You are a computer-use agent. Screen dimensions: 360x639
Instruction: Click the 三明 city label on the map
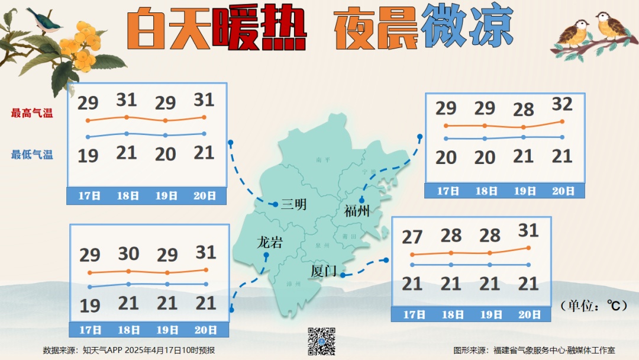[x=293, y=205]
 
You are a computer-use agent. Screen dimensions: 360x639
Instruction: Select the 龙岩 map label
[x=269, y=242]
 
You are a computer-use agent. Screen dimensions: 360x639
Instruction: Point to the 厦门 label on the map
[x=323, y=271]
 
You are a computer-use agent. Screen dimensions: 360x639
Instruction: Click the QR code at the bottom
[x=321, y=341]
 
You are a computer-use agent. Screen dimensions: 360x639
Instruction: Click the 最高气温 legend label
[x=32, y=113]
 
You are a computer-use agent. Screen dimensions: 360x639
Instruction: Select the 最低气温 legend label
[x=32, y=155]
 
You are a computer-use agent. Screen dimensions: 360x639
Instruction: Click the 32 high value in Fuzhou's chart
[x=562, y=105]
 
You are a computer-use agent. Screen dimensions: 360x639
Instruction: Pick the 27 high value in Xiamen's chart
[x=412, y=237]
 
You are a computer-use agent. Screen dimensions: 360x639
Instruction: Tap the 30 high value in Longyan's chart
[x=128, y=254]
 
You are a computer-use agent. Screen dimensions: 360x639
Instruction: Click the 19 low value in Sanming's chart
[x=88, y=156]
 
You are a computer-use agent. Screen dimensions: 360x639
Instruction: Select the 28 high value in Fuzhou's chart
[x=524, y=110]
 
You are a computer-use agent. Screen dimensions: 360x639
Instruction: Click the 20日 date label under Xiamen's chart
[x=530, y=315]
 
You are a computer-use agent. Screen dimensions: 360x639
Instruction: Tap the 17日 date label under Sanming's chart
[x=89, y=196]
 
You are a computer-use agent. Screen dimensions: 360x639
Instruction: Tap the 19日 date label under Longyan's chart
[x=167, y=330]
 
